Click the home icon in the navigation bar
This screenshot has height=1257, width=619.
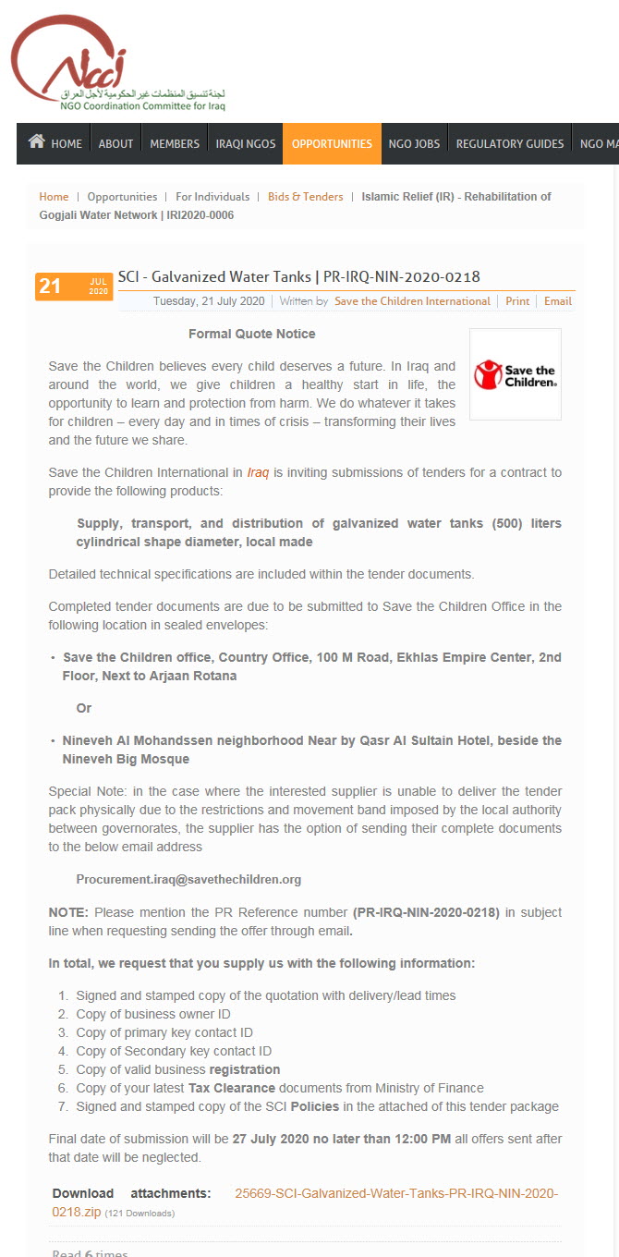coord(37,142)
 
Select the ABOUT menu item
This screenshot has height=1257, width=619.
coord(115,144)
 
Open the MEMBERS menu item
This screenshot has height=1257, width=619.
coord(175,144)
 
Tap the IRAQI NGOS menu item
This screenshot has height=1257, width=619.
coord(246,144)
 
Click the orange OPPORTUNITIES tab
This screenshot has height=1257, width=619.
coord(332,144)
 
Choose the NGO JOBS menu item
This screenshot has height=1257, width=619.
coord(414,144)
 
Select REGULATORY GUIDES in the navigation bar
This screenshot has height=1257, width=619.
coord(510,144)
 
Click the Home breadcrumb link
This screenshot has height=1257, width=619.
coord(54,197)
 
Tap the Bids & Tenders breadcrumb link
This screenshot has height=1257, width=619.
coord(305,197)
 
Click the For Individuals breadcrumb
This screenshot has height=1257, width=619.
coord(212,197)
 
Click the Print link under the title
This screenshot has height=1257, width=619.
coord(517,301)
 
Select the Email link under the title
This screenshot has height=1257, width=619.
coord(558,301)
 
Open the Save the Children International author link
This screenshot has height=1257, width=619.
coord(412,301)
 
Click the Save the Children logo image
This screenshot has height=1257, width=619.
coord(515,374)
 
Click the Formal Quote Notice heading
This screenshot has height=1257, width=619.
coord(251,334)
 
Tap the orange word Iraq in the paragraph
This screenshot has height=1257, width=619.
coord(258,472)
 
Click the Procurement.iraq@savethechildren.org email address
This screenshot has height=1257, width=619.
coord(188,879)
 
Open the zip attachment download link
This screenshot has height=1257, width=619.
coord(396,1193)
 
